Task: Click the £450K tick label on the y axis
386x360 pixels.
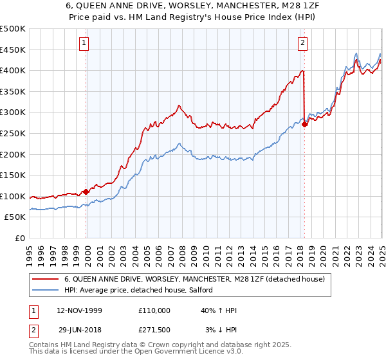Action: [14, 50]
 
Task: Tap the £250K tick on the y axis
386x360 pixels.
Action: [14, 134]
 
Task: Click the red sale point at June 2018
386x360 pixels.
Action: [304, 125]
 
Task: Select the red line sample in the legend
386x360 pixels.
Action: [46, 280]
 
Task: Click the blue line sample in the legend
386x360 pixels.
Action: [46, 291]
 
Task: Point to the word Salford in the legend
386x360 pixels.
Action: [208, 291]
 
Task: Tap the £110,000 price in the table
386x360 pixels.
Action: [153, 310]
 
